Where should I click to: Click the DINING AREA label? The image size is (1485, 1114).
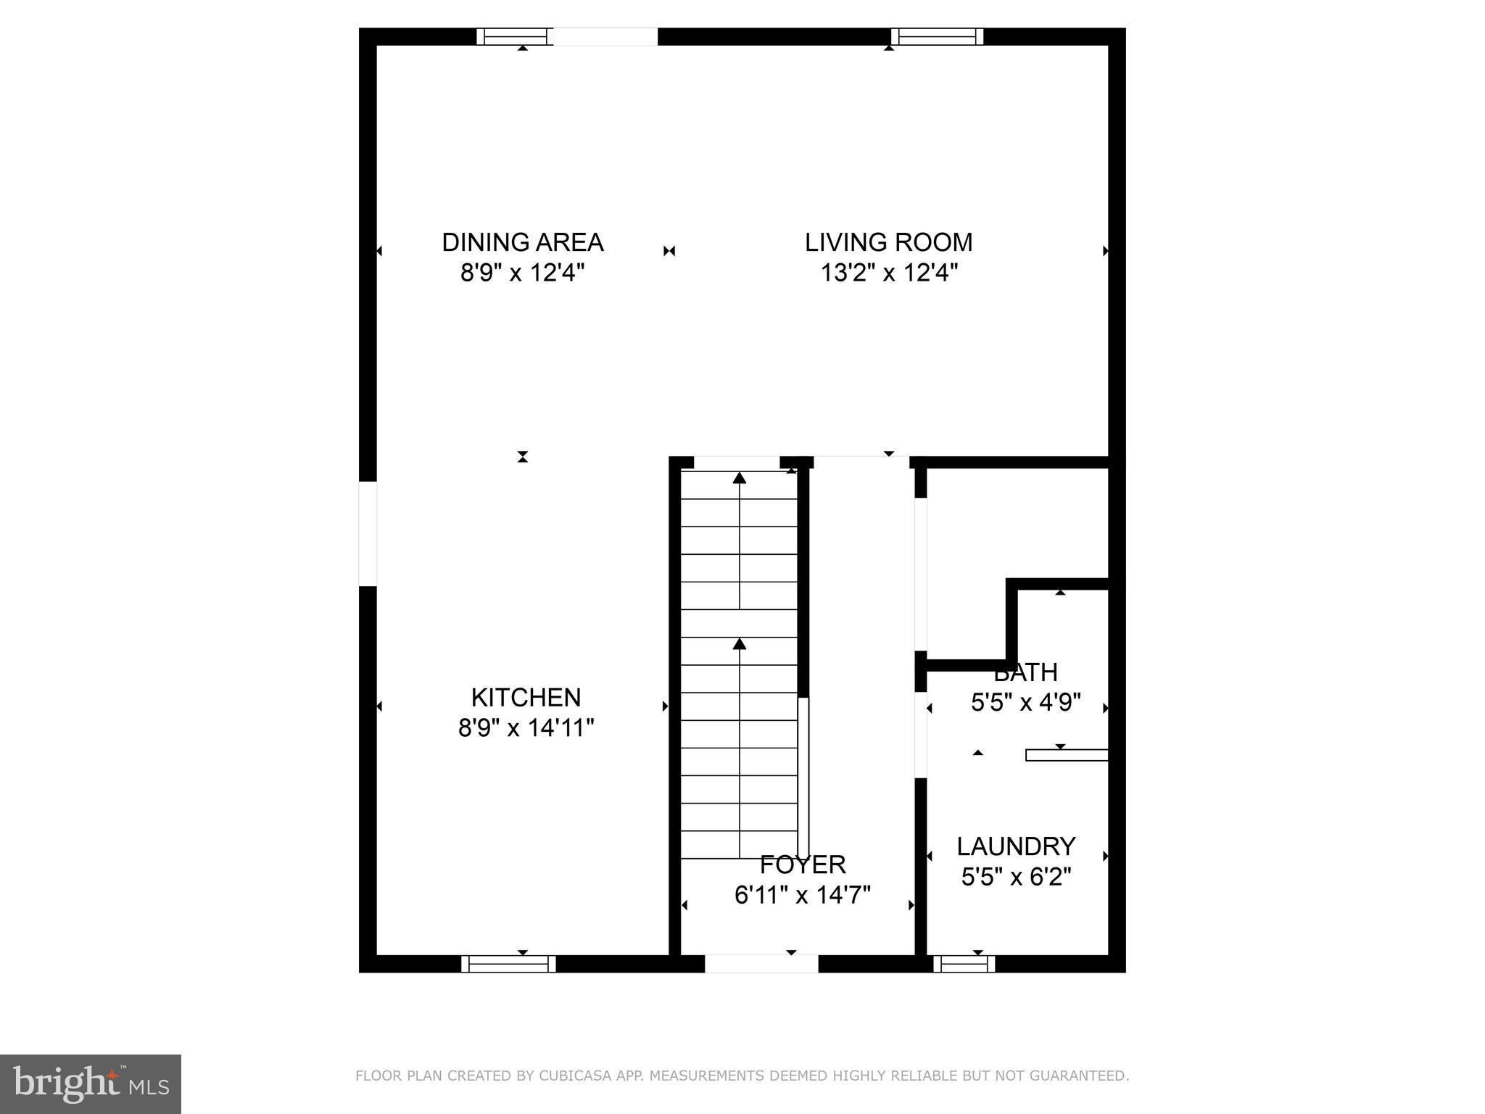click(522, 242)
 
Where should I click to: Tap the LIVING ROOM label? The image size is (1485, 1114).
click(888, 242)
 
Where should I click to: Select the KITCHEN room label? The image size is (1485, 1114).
click(526, 698)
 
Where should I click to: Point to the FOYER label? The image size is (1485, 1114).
click(803, 865)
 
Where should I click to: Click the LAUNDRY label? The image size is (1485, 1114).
click(1016, 846)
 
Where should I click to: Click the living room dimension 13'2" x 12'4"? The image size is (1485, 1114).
click(889, 273)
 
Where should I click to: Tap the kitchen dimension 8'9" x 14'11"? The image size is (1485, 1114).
click(526, 727)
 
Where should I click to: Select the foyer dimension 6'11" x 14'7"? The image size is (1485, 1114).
click(802, 896)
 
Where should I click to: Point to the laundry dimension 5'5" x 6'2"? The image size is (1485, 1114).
click(1016, 878)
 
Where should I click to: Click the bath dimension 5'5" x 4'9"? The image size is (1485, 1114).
click(1025, 703)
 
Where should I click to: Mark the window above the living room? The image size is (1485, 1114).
click(937, 36)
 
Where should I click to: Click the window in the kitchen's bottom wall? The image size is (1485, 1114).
click(508, 964)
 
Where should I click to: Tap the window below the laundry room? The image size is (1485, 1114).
click(964, 964)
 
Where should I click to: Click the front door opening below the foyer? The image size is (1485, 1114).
click(761, 964)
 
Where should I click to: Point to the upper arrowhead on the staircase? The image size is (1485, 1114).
click(739, 478)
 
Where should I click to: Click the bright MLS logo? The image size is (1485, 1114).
click(91, 1084)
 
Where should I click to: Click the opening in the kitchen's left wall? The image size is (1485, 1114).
click(368, 534)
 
